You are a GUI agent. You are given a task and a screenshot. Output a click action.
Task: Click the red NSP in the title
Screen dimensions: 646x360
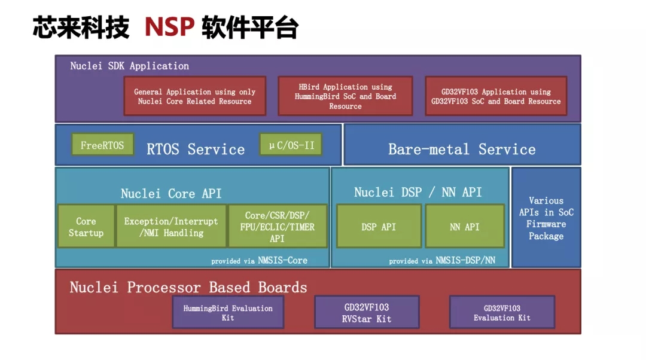click(169, 27)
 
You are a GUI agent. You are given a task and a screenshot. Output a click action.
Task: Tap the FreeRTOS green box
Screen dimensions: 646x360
click(103, 145)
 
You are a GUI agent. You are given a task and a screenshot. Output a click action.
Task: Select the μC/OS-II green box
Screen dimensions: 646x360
click(291, 145)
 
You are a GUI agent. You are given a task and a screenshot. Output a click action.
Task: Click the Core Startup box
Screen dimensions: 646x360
click(86, 227)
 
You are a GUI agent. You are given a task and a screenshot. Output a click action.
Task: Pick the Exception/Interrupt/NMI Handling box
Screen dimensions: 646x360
click(172, 227)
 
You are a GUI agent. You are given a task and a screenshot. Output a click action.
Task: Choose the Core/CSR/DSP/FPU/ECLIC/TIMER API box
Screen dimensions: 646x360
click(278, 227)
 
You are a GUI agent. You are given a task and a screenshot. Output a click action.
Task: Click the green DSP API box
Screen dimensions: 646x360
click(379, 227)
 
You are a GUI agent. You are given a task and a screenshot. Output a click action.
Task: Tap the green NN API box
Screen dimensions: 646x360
click(465, 227)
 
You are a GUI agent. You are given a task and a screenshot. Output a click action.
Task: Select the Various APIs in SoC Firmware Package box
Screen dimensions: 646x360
click(546, 218)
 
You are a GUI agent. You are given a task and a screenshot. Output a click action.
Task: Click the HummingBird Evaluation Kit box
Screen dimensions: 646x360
click(228, 312)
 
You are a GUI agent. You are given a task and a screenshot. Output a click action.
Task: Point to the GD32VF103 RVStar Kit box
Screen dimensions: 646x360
click(367, 312)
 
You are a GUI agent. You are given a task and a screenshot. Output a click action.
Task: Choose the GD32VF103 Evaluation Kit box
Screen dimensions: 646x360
click(502, 312)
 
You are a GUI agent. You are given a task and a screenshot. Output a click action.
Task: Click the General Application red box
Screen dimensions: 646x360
click(195, 96)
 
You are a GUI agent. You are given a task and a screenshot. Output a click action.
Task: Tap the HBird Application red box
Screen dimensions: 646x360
click(345, 96)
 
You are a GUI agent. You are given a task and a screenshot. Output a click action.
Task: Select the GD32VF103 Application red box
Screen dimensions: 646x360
click(496, 96)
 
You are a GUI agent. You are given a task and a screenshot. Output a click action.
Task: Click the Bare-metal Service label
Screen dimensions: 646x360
click(462, 149)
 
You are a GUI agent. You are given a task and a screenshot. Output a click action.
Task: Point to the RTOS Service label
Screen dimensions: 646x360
click(196, 149)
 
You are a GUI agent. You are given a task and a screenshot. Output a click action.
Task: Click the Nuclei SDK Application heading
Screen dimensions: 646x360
click(129, 66)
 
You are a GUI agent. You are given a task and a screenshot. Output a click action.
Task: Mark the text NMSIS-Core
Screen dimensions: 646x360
click(282, 260)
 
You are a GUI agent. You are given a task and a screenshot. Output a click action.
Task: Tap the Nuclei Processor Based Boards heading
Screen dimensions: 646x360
click(188, 287)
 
